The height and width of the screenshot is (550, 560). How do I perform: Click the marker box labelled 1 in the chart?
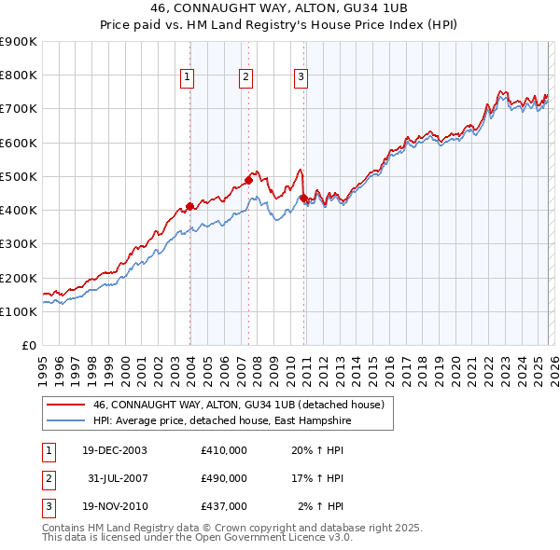click(188, 77)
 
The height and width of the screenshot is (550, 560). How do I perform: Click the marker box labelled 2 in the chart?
click(245, 77)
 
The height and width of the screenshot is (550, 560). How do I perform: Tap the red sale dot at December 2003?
click(189, 206)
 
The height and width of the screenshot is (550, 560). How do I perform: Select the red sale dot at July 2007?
click(249, 179)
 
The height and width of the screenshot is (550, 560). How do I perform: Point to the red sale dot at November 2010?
click(304, 198)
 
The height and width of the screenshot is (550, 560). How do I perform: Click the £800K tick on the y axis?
click(18, 76)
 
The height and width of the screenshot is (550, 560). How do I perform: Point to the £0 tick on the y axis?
click(28, 346)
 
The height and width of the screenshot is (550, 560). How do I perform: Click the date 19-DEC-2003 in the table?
click(115, 450)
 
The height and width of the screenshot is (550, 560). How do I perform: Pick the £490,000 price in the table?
click(224, 478)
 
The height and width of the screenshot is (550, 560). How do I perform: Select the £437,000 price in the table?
click(224, 506)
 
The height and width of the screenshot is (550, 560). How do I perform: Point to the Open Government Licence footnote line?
click(197, 538)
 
